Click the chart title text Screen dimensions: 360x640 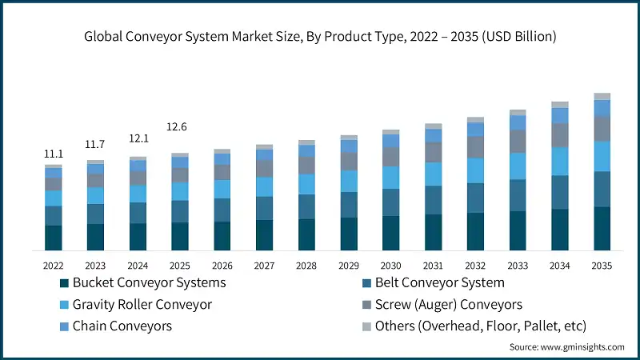pyautogui.click(x=320, y=37)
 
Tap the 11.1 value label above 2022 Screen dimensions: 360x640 pyautogui.click(x=53, y=154)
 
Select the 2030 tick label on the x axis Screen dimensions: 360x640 pyautogui.click(x=391, y=265)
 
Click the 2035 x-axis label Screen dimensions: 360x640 pyautogui.click(x=602, y=265)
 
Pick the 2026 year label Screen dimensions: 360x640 pyautogui.click(x=222, y=265)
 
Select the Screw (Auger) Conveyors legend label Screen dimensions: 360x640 pyautogui.click(x=448, y=304)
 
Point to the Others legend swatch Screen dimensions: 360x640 pyautogui.click(x=366, y=326)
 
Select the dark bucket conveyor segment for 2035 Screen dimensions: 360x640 pyautogui.click(x=602, y=229)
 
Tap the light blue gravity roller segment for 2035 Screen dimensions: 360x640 pyautogui.click(x=602, y=156)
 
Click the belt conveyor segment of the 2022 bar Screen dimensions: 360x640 pyautogui.click(x=54, y=216)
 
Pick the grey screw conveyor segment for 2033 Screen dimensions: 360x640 pyautogui.click(x=518, y=142)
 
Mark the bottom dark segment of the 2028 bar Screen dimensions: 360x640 pyautogui.click(x=306, y=234)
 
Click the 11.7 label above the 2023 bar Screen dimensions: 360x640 pyautogui.click(x=95, y=144)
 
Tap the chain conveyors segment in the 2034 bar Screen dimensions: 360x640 pyautogui.click(x=560, y=115)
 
